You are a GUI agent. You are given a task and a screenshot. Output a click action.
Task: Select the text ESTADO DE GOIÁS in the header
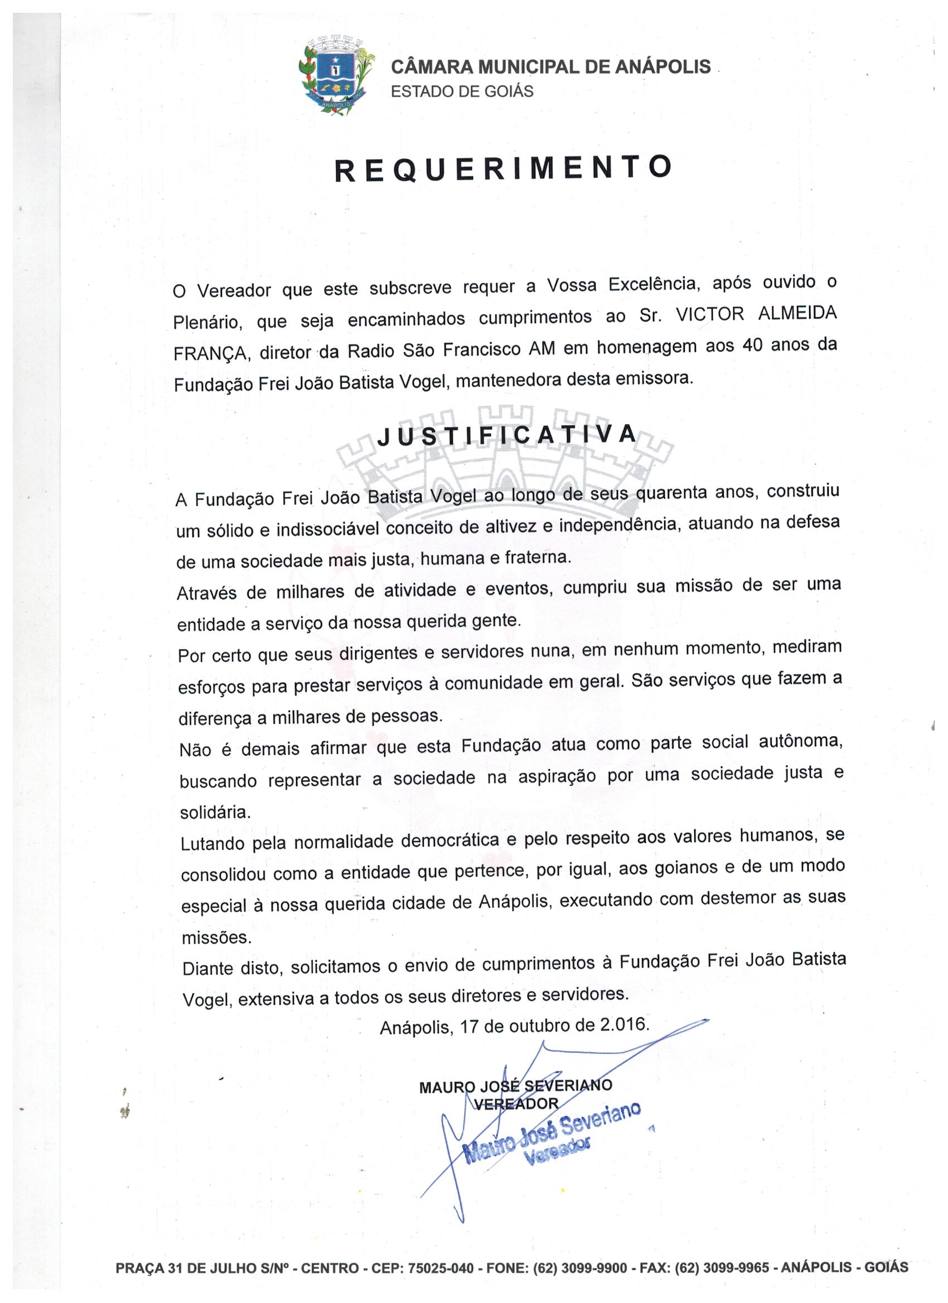[462, 91]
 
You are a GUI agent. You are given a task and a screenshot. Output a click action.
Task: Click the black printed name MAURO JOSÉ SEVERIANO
[516, 1086]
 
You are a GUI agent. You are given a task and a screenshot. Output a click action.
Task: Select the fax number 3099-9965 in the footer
[738, 1267]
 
